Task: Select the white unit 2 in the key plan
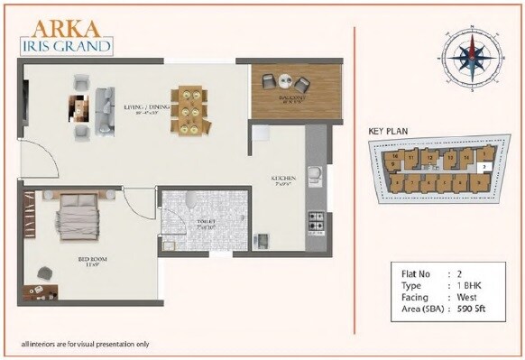[484, 167]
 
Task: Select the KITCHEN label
[285, 179]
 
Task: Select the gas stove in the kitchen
[317, 219]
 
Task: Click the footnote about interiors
[85, 344]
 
